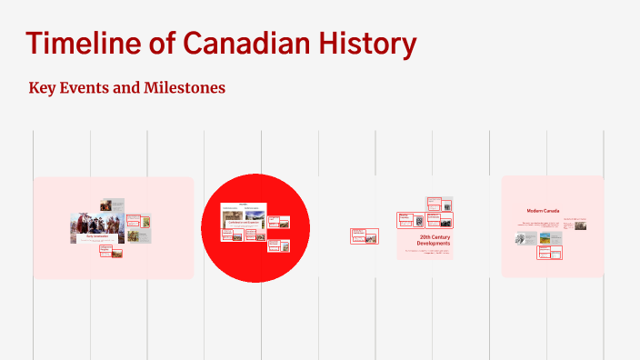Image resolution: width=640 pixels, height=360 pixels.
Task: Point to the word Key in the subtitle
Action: point(43,88)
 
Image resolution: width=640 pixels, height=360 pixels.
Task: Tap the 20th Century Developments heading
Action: point(434,241)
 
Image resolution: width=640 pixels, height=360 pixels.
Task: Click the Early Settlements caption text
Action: point(96,235)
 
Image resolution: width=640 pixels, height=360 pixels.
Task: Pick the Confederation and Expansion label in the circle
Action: point(243,221)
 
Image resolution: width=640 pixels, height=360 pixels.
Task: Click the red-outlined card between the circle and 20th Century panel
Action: point(364,236)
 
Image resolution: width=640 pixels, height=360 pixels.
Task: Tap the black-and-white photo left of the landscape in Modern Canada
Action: point(525,238)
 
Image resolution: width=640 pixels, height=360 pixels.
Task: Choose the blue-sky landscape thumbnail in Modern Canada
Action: point(545,238)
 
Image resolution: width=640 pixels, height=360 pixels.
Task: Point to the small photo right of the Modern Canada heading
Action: point(580,225)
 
